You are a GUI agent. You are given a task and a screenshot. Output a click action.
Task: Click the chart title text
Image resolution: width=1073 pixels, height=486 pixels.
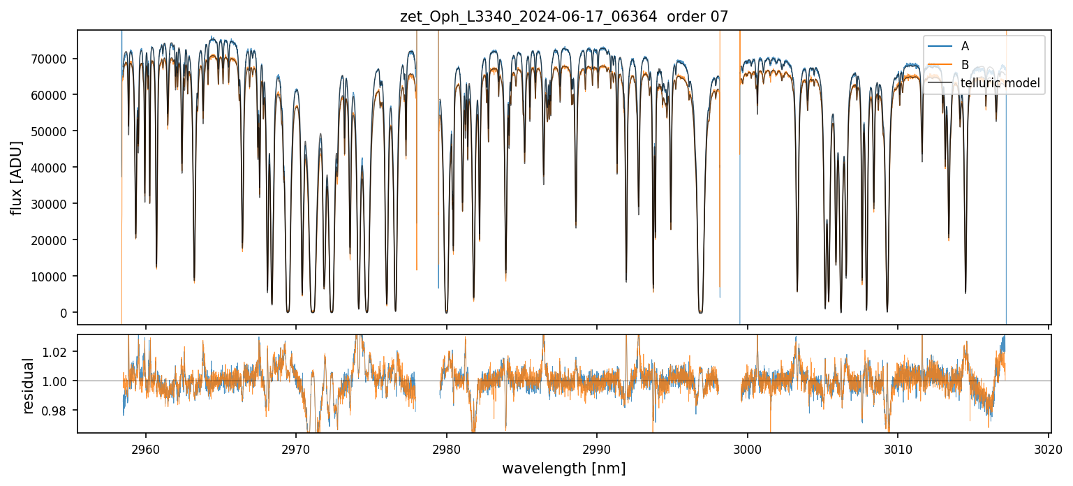point(563,17)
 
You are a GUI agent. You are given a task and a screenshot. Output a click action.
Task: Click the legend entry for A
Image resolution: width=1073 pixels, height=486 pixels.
point(965,46)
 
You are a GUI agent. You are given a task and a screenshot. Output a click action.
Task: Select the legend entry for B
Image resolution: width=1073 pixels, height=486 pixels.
point(965,65)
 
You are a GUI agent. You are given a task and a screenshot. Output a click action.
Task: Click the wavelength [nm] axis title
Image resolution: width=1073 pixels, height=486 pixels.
point(563,469)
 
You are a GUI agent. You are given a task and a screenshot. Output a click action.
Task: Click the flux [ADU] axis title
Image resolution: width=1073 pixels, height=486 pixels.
point(16,177)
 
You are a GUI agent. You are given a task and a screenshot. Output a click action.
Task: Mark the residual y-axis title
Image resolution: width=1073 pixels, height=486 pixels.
point(29,385)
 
